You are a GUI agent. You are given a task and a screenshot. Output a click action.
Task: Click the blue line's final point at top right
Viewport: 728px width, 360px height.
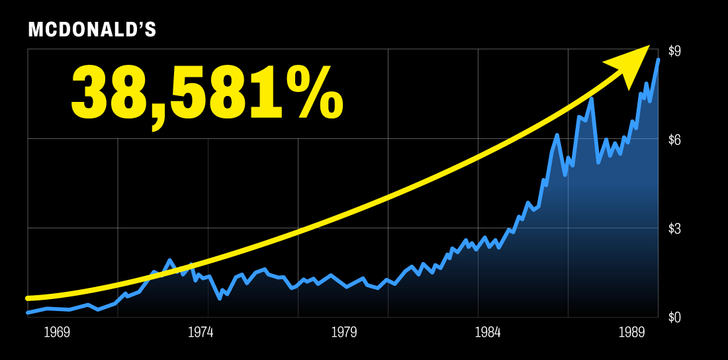(x=658, y=60)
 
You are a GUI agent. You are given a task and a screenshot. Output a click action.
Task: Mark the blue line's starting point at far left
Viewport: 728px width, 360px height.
(x=28, y=312)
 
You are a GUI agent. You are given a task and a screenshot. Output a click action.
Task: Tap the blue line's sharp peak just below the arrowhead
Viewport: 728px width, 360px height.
(x=591, y=99)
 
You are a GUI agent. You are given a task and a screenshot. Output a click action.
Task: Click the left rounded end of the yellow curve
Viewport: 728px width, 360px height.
(x=28, y=298)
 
